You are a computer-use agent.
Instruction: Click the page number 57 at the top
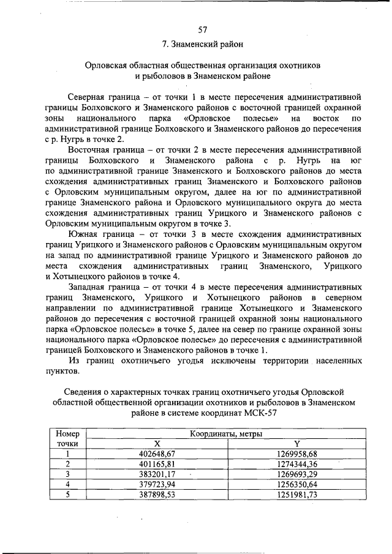[202, 29]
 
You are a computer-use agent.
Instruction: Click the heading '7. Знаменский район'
[202, 44]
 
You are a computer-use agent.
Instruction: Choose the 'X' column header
[157, 444]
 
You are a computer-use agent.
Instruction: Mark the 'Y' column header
[296, 444]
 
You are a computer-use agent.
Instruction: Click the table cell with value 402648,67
[157, 454]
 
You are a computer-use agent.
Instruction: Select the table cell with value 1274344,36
[296, 464]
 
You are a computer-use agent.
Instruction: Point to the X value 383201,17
[157, 474]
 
